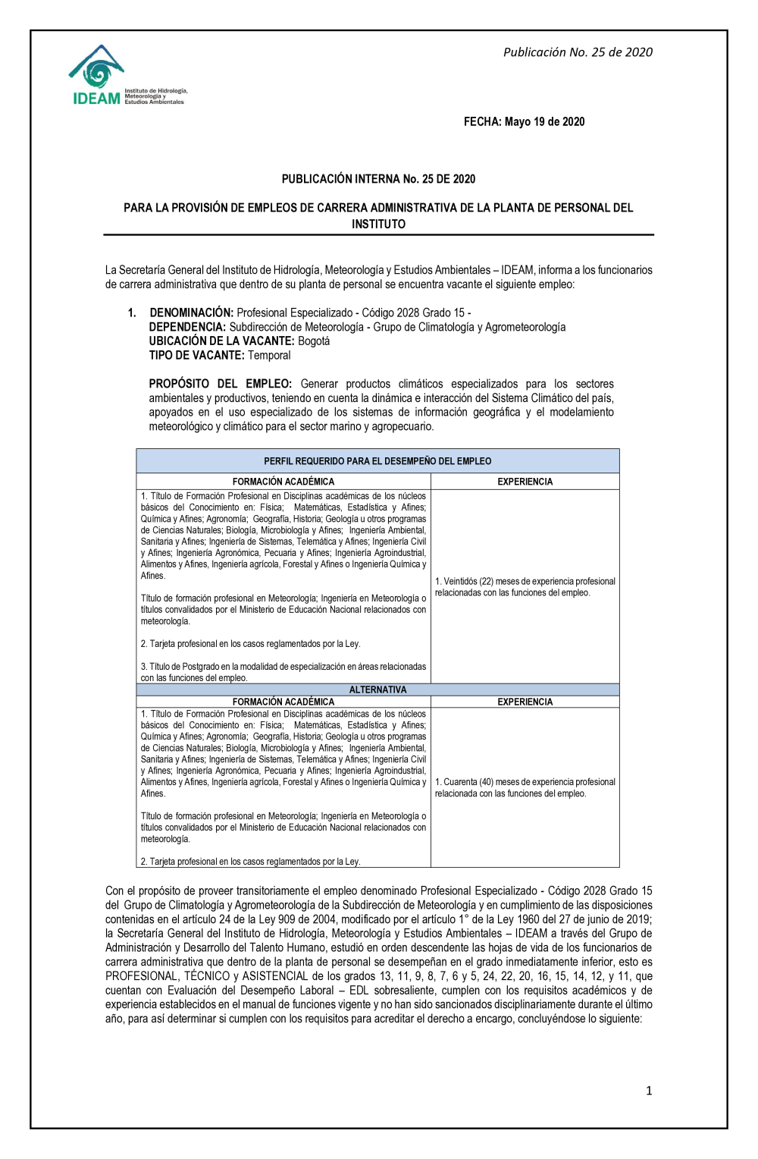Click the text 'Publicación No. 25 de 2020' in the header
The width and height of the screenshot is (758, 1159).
pyautogui.click(x=578, y=52)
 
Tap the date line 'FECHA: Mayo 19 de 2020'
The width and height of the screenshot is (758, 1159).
pyautogui.click(x=524, y=121)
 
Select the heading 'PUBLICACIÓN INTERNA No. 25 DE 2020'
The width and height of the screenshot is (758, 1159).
pyautogui.click(x=378, y=179)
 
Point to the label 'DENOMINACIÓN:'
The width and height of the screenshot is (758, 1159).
pyautogui.click(x=191, y=313)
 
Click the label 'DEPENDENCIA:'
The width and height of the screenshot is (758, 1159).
pyautogui.click(x=187, y=327)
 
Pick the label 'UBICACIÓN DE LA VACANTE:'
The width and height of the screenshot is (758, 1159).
pyautogui.click(x=221, y=341)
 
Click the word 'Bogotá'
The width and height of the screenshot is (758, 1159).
pyautogui.click(x=314, y=341)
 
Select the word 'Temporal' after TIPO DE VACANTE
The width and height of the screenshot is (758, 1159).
pyautogui.click(x=269, y=356)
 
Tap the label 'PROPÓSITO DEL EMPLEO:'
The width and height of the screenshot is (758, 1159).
pyautogui.click(x=220, y=384)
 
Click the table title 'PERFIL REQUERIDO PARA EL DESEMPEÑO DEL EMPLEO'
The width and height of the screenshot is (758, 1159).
pyautogui.click(x=377, y=461)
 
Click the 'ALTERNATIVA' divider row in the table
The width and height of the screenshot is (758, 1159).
pyautogui.click(x=377, y=689)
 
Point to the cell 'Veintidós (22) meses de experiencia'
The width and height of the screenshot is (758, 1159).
pyautogui.click(x=525, y=587)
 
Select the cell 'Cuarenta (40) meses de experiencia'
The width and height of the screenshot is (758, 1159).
pyautogui.click(x=525, y=787)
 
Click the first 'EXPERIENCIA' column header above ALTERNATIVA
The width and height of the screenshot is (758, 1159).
pyautogui.click(x=525, y=482)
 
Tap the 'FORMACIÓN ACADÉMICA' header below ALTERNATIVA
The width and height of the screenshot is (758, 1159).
pyautogui.click(x=283, y=702)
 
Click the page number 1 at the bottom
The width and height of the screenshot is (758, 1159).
pyautogui.click(x=648, y=1091)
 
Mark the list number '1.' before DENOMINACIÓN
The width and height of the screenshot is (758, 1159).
pyautogui.click(x=132, y=313)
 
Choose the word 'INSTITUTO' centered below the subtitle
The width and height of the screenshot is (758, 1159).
pyautogui.click(x=378, y=225)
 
